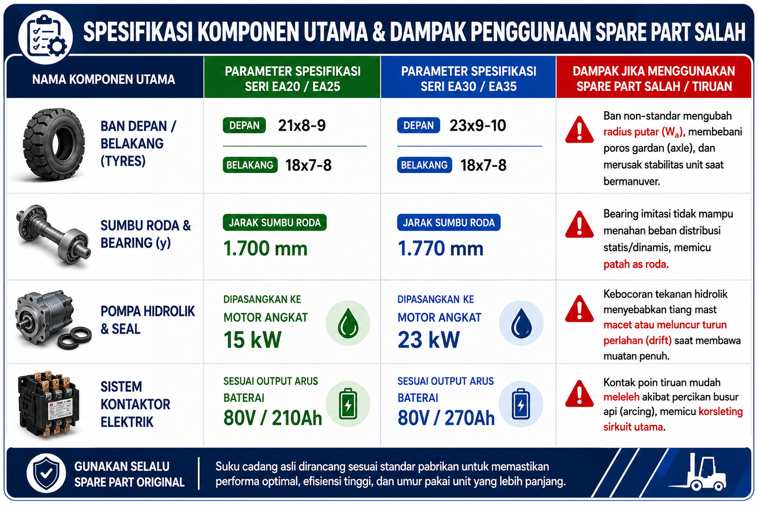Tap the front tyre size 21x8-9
click(x=302, y=126)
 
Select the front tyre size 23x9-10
click(x=478, y=126)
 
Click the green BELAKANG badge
click(x=250, y=165)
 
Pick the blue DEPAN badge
click(x=419, y=126)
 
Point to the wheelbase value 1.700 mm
click(x=265, y=248)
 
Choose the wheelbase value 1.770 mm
click(x=440, y=248)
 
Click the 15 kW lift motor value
click(x=252, y=339)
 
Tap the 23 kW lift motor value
click(x=429, y=339)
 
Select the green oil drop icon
click(x=348, y=323)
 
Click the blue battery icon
click(x=521, y=404)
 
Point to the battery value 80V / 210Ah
click(x=273, y=418)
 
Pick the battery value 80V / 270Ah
click(x=446, y=418)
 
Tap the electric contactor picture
click(x=49, y=405)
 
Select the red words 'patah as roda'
click(x=635, y=264)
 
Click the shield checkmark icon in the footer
click(x=46, y=473)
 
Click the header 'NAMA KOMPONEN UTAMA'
click(x=104, y=79)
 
